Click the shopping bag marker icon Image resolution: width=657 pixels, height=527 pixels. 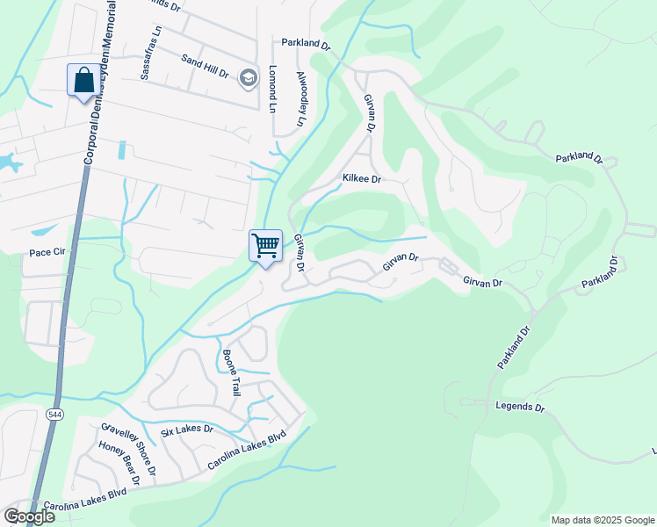point(83,80)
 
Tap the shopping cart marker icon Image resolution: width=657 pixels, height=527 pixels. point(265,245)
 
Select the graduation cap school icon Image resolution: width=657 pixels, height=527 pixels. point(249,78)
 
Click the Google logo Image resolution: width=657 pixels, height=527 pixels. point(29,516)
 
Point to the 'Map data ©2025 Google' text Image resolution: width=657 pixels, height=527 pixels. point(603,520)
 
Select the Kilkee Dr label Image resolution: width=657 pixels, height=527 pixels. point(361,178)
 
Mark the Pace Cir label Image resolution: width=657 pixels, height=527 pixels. point(47,252)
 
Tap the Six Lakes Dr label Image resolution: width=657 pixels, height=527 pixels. point(187,430)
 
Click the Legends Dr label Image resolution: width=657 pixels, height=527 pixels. point(520,407)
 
